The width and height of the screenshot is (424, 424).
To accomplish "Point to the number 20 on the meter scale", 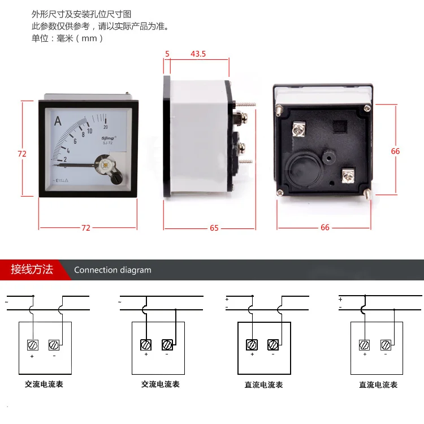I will (106, 127).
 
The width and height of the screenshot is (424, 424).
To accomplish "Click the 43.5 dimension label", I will (198, 54).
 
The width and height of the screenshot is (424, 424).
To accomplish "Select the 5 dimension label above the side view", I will (167, 54).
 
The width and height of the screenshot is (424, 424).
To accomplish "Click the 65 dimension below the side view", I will (214, 228).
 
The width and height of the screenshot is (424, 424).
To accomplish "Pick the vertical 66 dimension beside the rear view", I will (395, 151).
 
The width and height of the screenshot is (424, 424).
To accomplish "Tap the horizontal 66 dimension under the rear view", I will (325, 228).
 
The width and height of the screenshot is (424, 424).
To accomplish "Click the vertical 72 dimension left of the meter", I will (22, 154).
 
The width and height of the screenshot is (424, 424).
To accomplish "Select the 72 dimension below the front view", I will (86, 228).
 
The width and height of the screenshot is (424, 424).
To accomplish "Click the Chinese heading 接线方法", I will (32, 269).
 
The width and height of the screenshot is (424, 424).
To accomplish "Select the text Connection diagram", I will (113, 270).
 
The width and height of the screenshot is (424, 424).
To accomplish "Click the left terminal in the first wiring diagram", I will (33, 344).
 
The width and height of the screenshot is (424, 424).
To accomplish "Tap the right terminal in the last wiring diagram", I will (386, 344).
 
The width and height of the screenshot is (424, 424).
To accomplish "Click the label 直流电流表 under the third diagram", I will (264, 385).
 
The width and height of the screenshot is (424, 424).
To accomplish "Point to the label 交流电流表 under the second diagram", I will (160, 384).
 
